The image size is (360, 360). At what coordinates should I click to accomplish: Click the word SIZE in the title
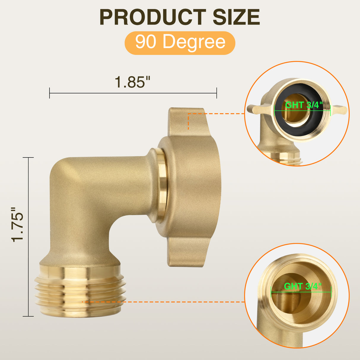pyautogui.click(x=236, y=17)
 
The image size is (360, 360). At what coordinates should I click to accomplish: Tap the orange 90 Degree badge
pyautogui.click(x=180, y=42)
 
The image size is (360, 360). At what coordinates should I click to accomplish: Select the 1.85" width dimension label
pyautogui.click(x=133, y=82)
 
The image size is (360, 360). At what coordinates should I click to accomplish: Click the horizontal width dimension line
pyautogui.click(x=133, y=93)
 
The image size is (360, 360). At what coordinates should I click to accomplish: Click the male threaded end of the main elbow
pyautogui.click(x=80, y=292)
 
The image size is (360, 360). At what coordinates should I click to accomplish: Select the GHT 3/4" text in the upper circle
pyautogui.click(x=303, y=105)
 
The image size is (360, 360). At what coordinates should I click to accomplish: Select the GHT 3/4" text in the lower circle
pyautogui.click(x=302, y=286)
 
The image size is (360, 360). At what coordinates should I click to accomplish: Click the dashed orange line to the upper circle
pyautogui.click(x=216, y=113)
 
